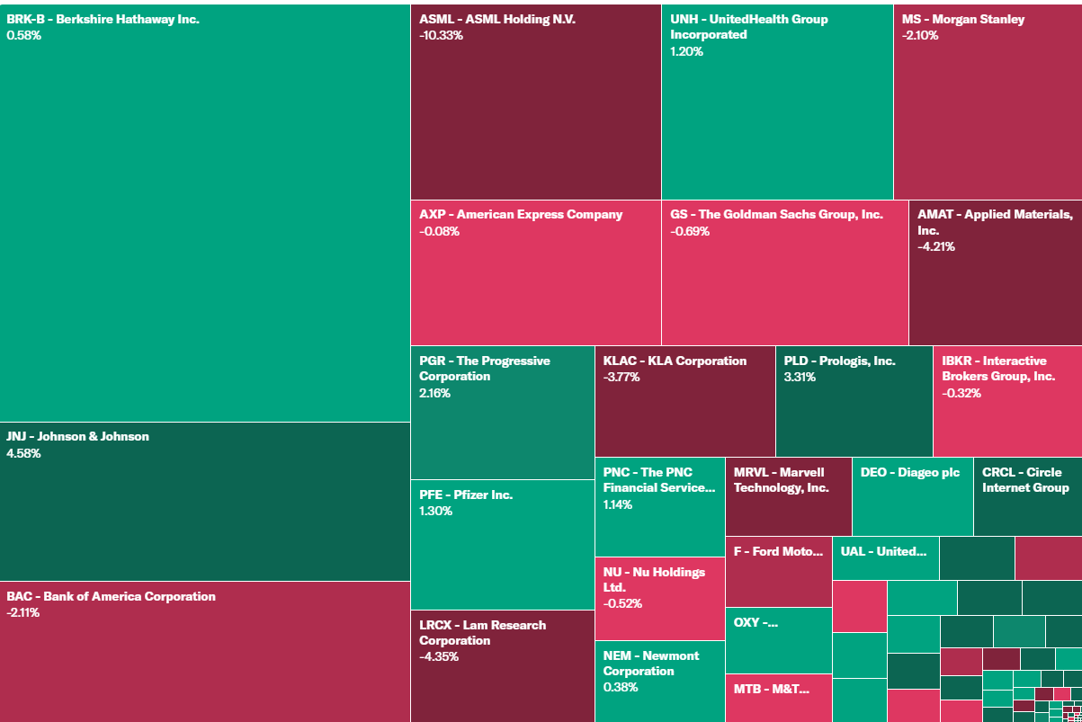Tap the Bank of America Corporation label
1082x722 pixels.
[x=112, y=596]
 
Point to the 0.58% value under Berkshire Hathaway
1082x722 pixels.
[x=24, y=35]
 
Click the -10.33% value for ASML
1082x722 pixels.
[x=441, y=35]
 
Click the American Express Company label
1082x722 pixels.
[x=521, y=215]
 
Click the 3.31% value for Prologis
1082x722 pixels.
[x=800, y=377]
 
